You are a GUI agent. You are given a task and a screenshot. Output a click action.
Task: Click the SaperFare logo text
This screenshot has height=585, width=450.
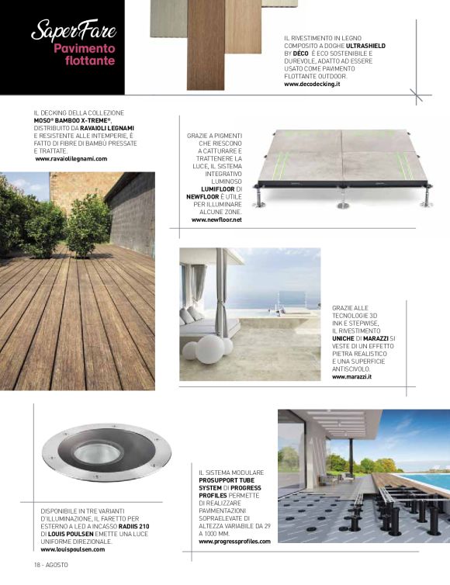(x=73, y=32)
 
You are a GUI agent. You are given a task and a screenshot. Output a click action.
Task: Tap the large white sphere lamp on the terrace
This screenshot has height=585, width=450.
(x=208, y=349)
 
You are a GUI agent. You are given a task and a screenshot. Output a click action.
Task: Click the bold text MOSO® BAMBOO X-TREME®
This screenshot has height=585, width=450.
(x=76, y=120)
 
